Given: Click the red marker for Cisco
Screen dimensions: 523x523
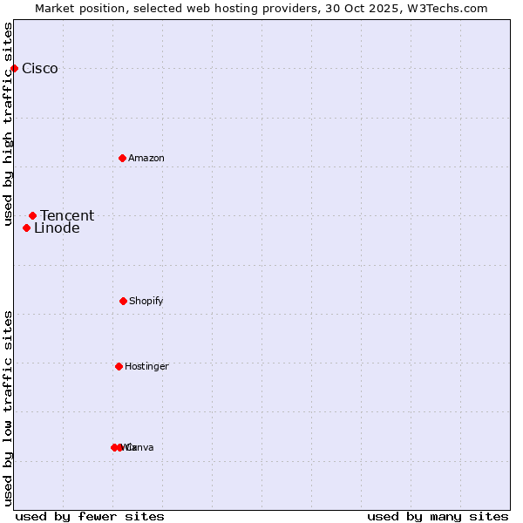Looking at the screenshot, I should (14, 68).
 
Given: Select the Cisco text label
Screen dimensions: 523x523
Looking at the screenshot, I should (40, 69).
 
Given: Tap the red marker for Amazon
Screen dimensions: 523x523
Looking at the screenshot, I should (122, 158).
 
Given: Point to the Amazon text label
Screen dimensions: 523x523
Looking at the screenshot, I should (146, 159).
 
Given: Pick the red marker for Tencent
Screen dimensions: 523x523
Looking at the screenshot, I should (32, 215).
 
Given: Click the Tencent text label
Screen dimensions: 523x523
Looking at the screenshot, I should (67, 216).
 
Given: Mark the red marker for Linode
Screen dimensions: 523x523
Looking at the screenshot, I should (26, 228).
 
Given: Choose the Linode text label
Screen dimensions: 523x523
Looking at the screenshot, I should (57, 228).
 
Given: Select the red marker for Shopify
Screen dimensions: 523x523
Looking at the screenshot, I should (123, 301).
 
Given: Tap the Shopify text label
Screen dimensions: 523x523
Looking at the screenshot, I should (146, 302).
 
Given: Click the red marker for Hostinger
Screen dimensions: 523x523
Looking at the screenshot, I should (119, 366).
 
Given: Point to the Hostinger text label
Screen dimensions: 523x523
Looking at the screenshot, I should (146, 367).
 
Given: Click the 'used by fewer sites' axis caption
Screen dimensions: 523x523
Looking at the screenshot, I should (90, 516).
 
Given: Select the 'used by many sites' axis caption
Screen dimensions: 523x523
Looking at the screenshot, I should (438, 516).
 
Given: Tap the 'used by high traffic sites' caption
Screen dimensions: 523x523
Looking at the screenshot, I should (8, 124).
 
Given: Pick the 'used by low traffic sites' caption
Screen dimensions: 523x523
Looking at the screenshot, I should (8, 408).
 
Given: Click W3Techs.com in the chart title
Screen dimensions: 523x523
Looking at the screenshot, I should (445, 8).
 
